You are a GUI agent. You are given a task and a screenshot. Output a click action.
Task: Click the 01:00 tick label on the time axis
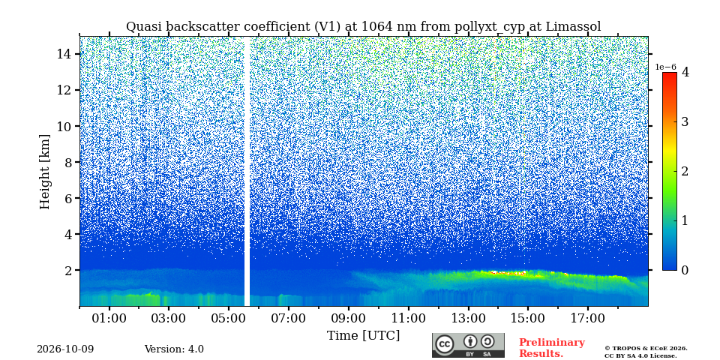pos(109,318)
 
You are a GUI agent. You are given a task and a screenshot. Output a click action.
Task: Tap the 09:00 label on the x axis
pos(348,318)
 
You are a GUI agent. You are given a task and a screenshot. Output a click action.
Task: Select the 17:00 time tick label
pos(587,318)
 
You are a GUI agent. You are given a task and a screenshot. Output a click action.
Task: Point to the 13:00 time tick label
pos(468,318)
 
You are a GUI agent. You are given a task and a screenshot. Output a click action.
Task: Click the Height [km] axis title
pos(44,172)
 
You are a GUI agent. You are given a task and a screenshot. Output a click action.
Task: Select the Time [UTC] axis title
pos(363,336)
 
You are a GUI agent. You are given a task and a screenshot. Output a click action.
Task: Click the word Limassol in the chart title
pos(573,27)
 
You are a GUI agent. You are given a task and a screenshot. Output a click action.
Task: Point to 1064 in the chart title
pos(375,27)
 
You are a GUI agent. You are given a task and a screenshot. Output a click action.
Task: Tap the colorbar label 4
pos(685,72)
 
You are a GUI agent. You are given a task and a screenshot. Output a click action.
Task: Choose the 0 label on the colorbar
pos(685,270)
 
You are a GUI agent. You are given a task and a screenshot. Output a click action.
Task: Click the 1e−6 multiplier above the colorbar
pos(665,67)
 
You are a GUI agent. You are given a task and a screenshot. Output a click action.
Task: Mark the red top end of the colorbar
pos(670,74)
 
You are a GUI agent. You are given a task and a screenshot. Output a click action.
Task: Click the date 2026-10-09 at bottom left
pos(65,349)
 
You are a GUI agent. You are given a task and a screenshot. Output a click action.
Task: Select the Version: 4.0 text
pos(174,349)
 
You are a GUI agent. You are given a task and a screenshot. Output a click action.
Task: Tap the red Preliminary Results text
pos(552,348)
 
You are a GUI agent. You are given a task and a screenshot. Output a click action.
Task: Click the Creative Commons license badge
pos(468,345)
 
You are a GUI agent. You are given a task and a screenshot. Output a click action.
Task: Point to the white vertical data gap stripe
pos(247,171)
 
